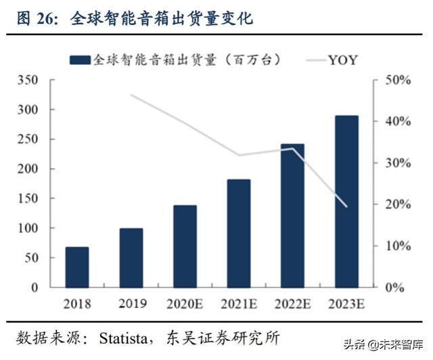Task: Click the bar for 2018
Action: [x=77, y=267]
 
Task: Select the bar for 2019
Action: [x=131, y=258]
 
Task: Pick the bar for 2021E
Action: [x=239, y=233]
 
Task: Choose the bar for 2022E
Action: [x=292, y=215]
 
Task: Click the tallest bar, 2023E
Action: [x=346, y=202]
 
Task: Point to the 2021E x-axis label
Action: [x=239, y=303]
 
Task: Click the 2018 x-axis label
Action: [x=77, y=303]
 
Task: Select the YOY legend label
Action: [x=343, y=60]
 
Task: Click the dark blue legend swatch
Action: [x=81, y=60]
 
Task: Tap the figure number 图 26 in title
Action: [x=40, y=18]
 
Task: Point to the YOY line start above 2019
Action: [x=131, y=95]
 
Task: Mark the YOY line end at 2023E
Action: [x=346, y=206]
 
